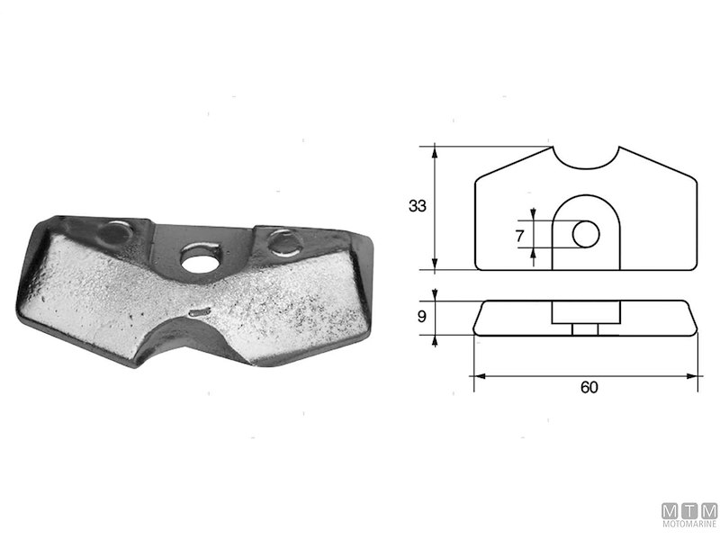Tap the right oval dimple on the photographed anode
point(283,241)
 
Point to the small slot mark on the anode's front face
point(200,312)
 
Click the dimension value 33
point(417,206)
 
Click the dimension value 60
point(589,387)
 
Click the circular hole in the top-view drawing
point(586,235)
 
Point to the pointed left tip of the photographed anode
point(18,310)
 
